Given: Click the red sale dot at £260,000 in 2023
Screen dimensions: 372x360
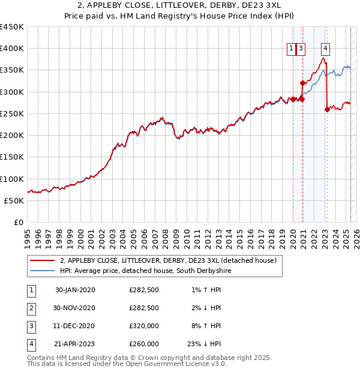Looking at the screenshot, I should coord(327,109).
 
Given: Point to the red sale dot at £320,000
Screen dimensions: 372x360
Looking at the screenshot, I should coord(302,83).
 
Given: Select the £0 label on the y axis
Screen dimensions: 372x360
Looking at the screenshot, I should coord(19,223).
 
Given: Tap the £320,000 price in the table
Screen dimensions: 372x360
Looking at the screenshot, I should coord(144,326).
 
